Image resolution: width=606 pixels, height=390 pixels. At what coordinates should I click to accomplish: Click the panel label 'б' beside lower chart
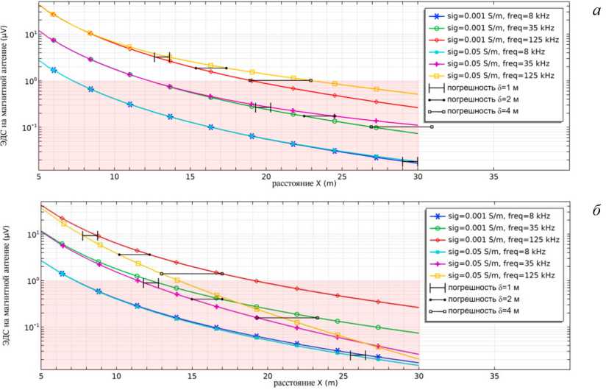point(593,210)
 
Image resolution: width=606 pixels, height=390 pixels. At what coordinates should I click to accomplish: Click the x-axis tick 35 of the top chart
point(493,177)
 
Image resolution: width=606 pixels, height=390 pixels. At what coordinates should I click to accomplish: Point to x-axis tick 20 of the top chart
point(266,177)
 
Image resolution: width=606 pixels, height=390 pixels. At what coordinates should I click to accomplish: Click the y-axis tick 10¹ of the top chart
point(30,35)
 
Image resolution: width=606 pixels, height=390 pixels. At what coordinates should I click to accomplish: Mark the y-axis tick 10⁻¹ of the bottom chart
point(30,327)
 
